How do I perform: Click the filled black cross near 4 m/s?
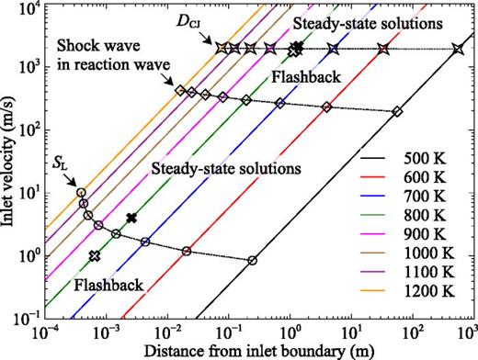pos(131,218)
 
